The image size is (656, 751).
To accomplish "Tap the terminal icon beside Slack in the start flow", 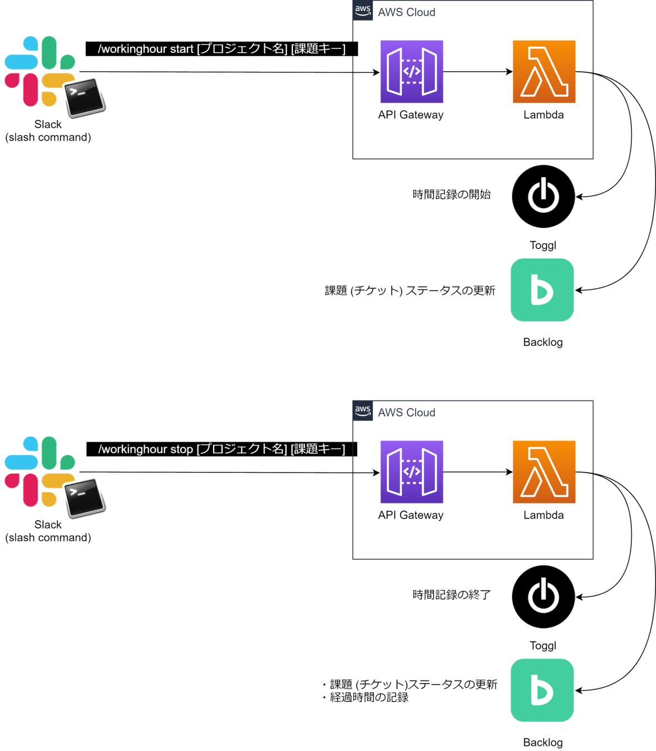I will click(85, 98).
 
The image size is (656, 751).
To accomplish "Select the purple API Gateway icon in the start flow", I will click(412, 72).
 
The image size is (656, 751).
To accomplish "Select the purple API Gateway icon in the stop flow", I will click(412, 472).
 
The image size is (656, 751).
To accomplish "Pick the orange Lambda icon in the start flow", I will click(544, 72).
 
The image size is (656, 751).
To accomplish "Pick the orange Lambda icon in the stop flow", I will click(544, 472).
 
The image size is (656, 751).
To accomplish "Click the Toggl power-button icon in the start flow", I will click(543, 196).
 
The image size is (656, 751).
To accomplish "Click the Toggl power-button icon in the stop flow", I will click(543, 596).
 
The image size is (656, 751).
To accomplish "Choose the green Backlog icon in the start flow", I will click(542, 290).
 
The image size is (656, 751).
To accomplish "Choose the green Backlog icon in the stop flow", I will click(542, 690).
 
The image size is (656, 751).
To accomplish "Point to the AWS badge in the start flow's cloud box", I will click(363, 11).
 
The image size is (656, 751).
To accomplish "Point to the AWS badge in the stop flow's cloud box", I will click(363, 411).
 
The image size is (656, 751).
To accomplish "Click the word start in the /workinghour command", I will click(181, 49).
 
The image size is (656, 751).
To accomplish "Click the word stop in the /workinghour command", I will click(181, 449).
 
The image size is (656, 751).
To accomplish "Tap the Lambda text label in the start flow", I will click(544, 115).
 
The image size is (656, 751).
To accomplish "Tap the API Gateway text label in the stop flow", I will click(411, 515).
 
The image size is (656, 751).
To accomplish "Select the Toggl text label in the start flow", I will click(542, 245).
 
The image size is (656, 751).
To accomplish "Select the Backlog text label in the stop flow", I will click(543, 742).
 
